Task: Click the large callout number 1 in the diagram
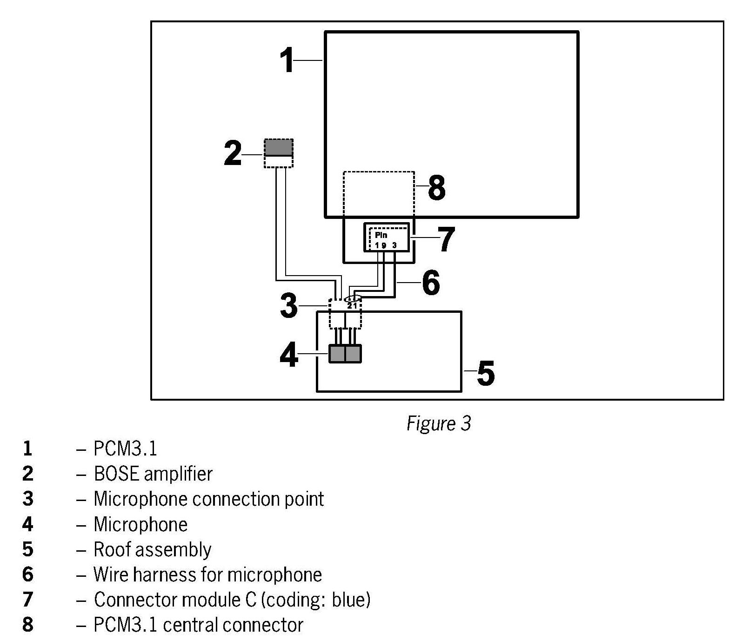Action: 287,60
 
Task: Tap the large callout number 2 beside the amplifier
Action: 233,153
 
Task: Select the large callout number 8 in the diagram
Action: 436,188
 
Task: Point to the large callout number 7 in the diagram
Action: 446,239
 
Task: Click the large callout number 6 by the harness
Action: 431,282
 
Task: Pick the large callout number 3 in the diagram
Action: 289,306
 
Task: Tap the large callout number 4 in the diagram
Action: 289,355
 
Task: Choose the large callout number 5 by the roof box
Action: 486,372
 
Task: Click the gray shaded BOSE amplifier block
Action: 279,147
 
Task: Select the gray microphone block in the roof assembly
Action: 345,354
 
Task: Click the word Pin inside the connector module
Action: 381,235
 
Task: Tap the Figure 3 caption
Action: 439,423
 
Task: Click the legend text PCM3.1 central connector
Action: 198,625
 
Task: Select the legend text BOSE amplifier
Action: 153,474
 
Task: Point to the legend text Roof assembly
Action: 152,549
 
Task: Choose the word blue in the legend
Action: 351,600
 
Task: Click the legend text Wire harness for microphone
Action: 207,574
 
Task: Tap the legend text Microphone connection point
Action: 208,499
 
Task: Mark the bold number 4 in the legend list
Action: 27,524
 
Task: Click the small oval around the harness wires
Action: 353,298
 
